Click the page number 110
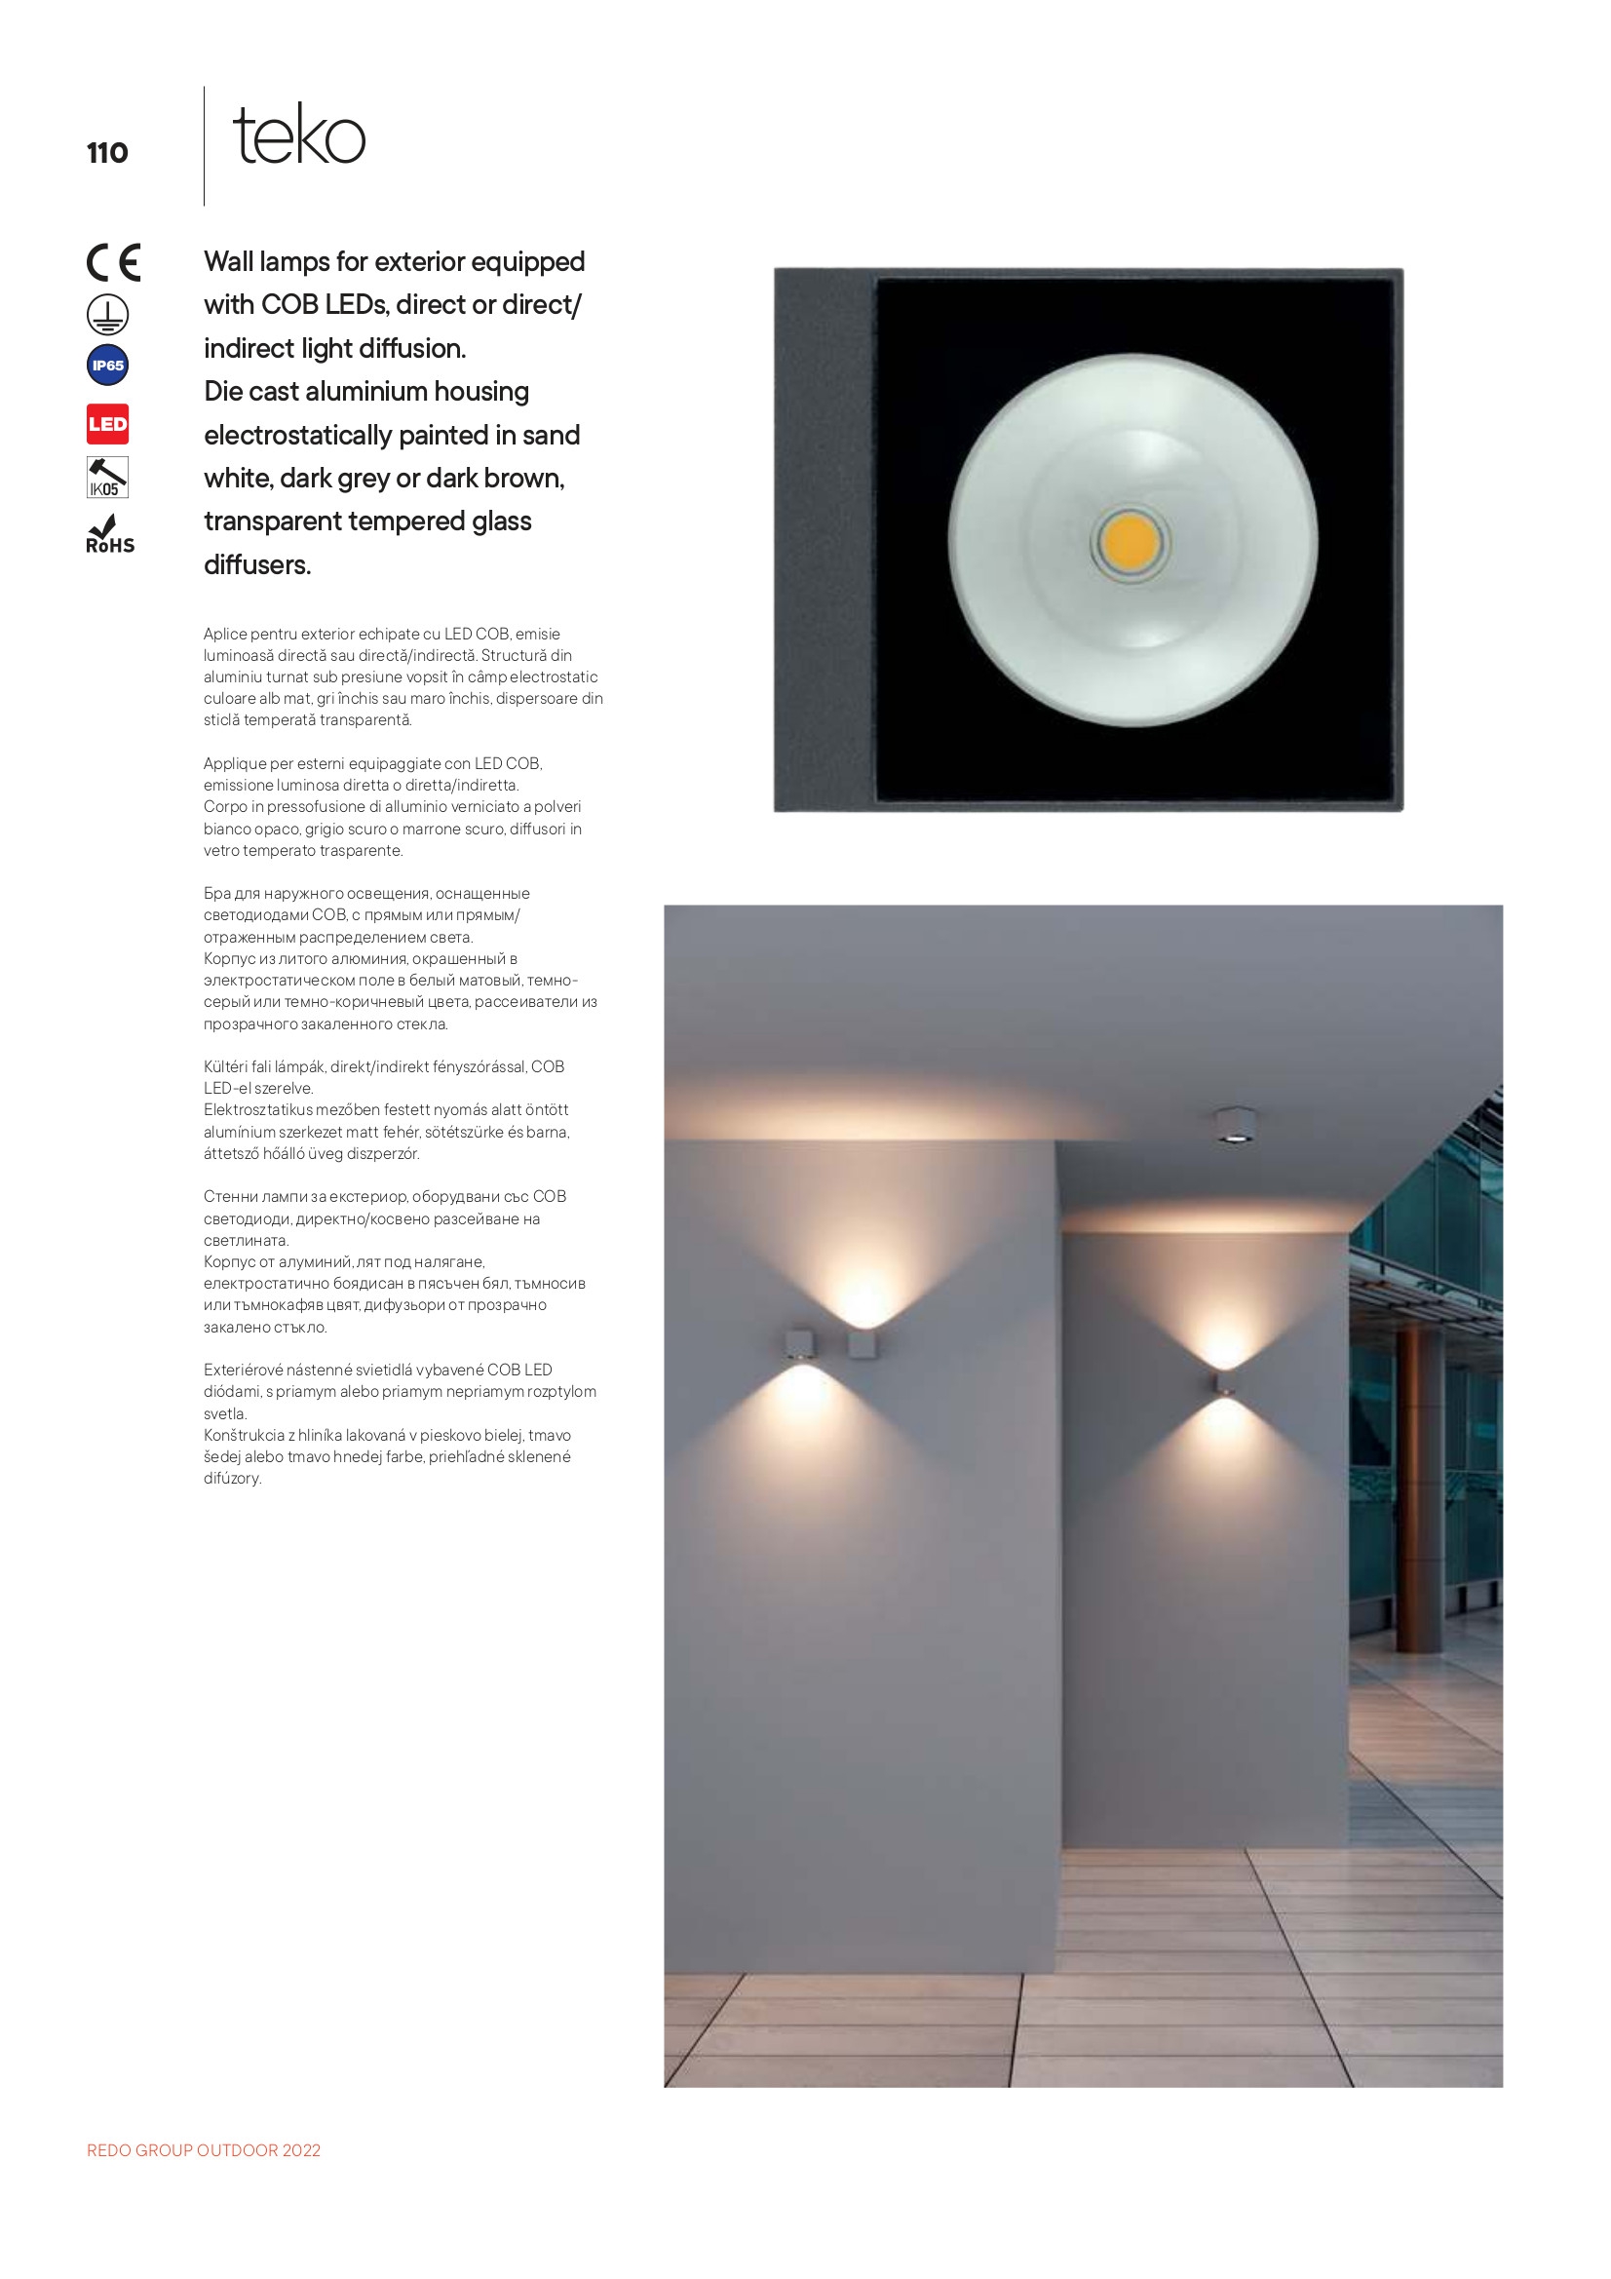pyautogui.click(x=107, y=153)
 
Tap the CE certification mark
pyautogui.click(x=113, y=263)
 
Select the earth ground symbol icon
pyautogui.click(x=107, y=315)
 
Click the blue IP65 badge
pyautogui.click(x=107, y=366)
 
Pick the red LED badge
pyautogui.click(x=107, y=425)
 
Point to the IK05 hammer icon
pyautogui.click(x=107, y=478)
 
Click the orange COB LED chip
pyautogui.click(x=1131, y=542)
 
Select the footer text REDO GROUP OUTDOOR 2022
pyautogui.click(x=204, y=2150)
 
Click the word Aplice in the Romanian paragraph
pyautogui.click(x=224, y=634)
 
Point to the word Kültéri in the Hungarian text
pyautogui.click(x=226, y=1066)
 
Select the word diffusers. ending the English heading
pyautogui.click(x=258, y=564)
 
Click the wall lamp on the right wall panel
pyautogui.click(x=1225, y=1384)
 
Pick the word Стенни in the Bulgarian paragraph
pyautogui.click(x=229, y=1196)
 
